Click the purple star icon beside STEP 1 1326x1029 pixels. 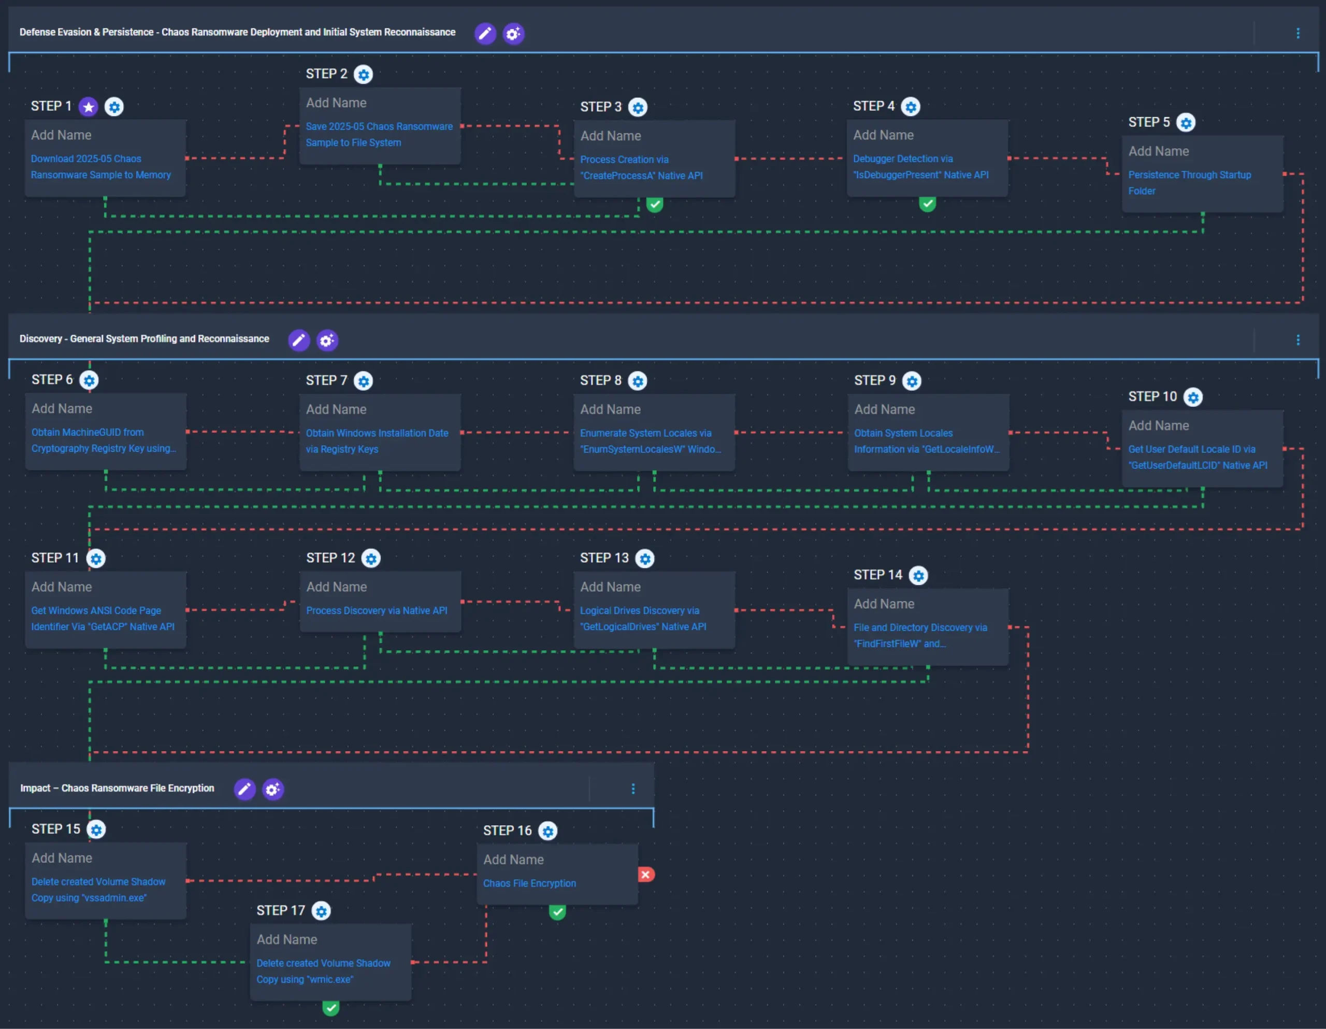89,107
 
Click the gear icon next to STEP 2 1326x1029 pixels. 364,75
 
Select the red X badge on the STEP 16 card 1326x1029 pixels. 646,875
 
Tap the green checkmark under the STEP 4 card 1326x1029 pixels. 927,204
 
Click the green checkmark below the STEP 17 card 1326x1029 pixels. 331,1008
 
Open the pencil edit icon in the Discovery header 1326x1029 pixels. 299,340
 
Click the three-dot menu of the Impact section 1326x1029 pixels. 633,789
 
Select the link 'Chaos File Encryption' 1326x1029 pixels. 529,883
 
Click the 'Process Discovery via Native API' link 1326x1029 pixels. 377,610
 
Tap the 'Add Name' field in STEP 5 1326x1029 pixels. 1158,151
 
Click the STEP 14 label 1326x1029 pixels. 878,575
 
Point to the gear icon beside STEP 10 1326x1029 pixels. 1193,397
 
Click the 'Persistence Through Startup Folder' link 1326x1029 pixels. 1189,183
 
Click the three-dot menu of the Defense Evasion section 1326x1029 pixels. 1298,33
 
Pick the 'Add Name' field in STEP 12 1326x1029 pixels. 336,587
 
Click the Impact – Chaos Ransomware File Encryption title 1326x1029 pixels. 117,789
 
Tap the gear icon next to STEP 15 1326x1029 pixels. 96,830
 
